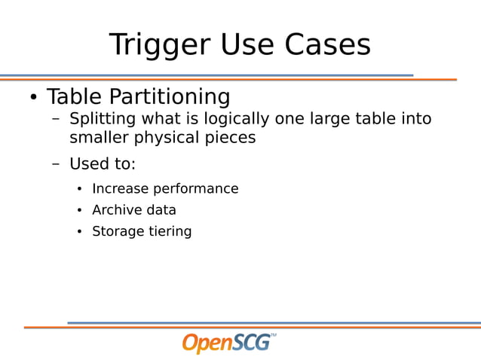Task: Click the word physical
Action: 167,139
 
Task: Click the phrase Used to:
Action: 103,164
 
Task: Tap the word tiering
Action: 168,232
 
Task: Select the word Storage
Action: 116,232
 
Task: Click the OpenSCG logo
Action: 228,343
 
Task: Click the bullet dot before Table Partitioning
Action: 33,99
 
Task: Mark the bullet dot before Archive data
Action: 79,211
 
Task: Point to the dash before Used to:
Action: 56,164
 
